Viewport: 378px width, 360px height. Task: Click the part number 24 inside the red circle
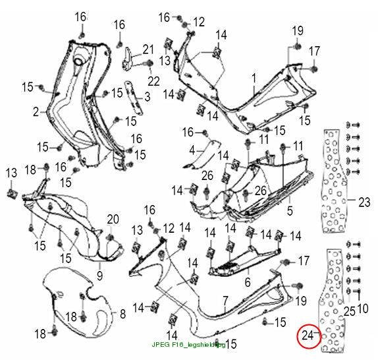(x=308, y=335)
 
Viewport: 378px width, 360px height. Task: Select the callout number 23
(x=364, y=202)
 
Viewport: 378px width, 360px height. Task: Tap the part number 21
(x=148, y=49)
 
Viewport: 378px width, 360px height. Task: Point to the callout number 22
(x=153, y=81)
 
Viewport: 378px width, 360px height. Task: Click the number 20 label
(x=113, y=219)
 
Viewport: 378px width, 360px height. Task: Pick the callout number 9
(x=100, y=276)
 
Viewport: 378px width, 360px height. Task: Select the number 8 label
(x=122, y=314)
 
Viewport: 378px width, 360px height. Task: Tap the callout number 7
(x=225, y=301)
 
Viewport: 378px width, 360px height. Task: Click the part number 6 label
(x=248, y=282)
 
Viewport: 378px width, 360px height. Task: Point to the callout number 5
(x=290, y=210)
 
